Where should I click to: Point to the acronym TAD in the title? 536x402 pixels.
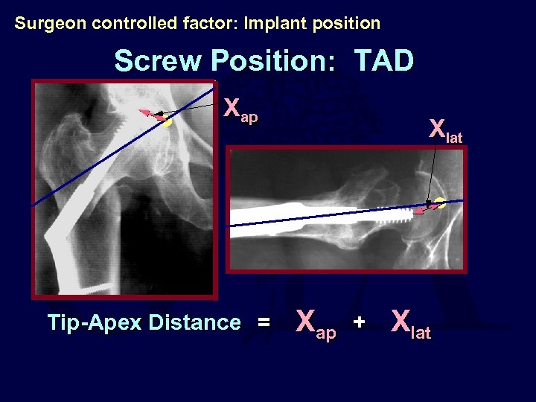(383, 61)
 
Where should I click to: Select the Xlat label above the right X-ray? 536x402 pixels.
(445, 132)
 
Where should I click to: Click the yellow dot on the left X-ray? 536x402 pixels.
(167, 121)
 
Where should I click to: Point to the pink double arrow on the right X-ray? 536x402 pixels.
(426, 208)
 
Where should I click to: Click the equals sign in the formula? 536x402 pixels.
(263, 323)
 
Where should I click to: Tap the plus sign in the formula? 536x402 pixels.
(360, 322)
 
